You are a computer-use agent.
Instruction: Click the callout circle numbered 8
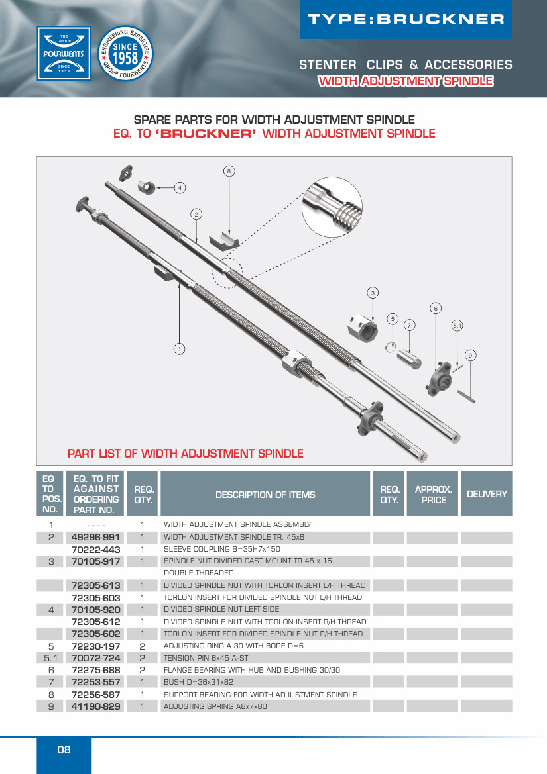tap(229, 171)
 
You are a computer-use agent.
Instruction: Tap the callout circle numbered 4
tap(179, 187)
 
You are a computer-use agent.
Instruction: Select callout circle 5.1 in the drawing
tap(457, 325)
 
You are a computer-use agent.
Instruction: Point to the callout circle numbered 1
tap(179, 348)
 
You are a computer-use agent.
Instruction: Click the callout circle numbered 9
tap(470, 356)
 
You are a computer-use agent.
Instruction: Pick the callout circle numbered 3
tap(373, 293)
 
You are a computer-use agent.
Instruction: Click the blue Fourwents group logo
tap(64, 53)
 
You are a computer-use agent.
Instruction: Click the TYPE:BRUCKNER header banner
tap(406, 19)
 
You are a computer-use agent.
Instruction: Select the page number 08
tap(64, 750)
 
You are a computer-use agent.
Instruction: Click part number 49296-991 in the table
tap(95, 537)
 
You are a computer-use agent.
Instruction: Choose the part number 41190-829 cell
tap(95, 706)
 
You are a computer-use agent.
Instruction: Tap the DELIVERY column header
tap(486, 494)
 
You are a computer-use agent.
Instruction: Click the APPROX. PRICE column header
tap(433, 494)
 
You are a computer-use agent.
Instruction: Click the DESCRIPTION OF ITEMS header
tap(265, 494)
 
